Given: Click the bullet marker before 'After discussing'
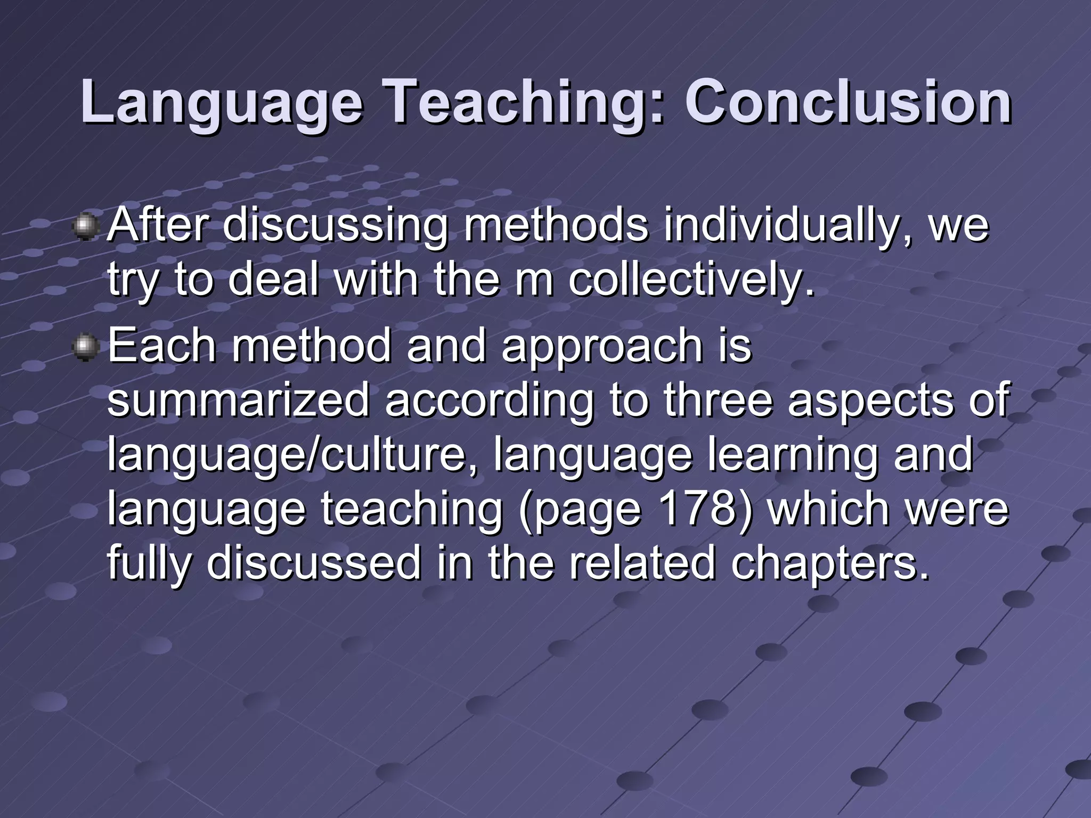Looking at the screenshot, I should [x=84, y=227].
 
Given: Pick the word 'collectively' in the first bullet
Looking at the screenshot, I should [x=691, y=281].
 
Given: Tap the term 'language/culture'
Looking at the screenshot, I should [x=287, y=457].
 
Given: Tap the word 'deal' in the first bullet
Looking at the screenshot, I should [x=272, y=281].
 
